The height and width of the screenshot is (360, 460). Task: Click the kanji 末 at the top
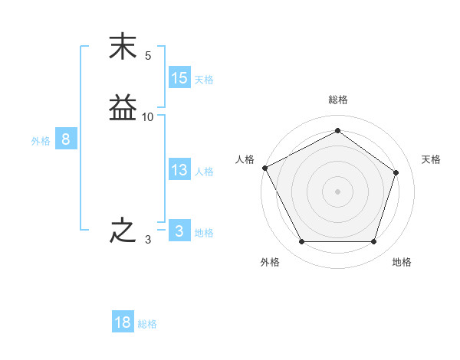point(123,47)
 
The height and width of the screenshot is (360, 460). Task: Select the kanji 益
point(123,108)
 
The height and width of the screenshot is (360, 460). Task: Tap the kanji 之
point(123,231)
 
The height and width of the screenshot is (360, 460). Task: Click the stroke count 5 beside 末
point(148,56)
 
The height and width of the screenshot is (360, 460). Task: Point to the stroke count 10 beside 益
point(148,117)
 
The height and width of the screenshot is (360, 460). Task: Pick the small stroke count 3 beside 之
point(148,240)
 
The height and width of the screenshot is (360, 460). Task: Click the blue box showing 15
point(179,78)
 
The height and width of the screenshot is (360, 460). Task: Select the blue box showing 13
point(179,170)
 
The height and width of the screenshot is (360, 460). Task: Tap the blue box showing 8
point(66,139)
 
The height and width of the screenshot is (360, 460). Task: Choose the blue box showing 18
point(123,322)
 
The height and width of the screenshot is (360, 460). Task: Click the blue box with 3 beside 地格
point(179,231)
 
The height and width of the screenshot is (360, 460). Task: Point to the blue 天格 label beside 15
point(204,80)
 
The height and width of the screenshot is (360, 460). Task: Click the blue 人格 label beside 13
point(204,172)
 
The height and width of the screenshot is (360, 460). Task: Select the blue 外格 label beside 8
point(41,141)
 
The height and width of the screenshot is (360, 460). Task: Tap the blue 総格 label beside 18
point(147,324)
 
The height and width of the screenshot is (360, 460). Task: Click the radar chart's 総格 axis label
point(337,100)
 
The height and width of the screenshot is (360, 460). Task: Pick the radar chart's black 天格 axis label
point(431,159)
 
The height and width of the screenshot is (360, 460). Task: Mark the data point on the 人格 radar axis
point(264,168)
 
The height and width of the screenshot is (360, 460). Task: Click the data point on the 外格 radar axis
point(301,242)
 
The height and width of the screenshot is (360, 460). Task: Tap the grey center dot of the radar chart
point(337,191)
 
